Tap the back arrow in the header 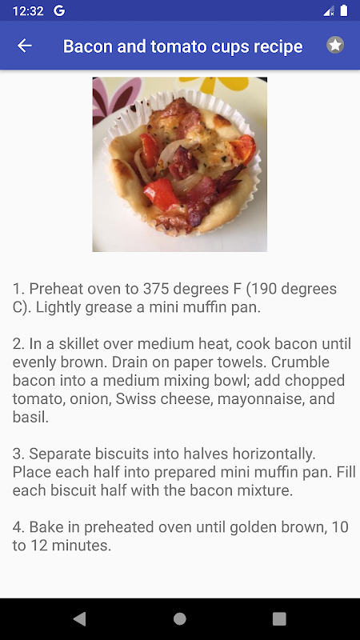[x=25, y=46]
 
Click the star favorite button [x=335, y=45]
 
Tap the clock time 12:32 [x=28, y=11]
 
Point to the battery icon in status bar [x=344, y=10]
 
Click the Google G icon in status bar [x=59, y=11]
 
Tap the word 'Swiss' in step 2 [x=134, y=398]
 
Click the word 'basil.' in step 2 [x=30, y=417]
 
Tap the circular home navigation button [x=179, y=618]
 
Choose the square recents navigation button [x=279, y=618]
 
